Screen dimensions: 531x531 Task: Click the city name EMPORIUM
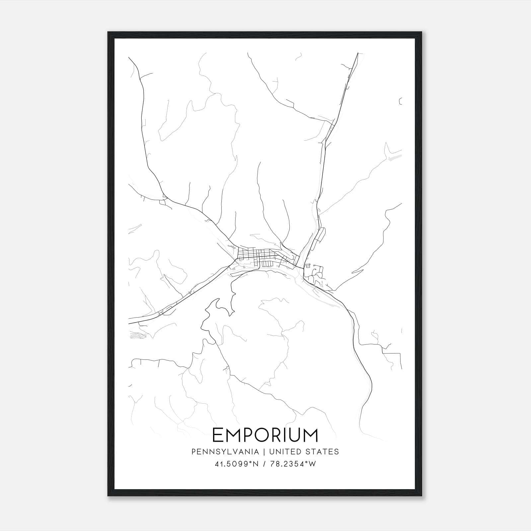coord(265,435)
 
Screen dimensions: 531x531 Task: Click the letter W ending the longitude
coord(312,464)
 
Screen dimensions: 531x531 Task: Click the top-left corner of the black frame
coord(109,33)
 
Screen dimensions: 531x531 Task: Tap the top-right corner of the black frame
coord(421,33)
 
